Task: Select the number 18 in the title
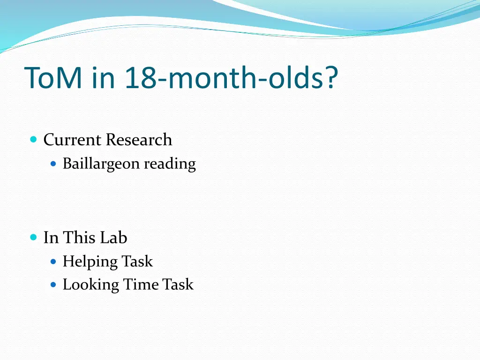[140, 77]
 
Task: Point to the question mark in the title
[330, 77]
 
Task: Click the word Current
[72, 140]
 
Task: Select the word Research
[139, 140]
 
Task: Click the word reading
[170, 164]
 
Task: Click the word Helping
[90, 262]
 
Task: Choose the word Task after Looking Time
[178, 285]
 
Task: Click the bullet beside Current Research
[33, 140]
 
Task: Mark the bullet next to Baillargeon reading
[53, 164]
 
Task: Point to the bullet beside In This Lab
[33, 237]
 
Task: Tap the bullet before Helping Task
[53, 261]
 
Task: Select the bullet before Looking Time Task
[53, 285]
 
